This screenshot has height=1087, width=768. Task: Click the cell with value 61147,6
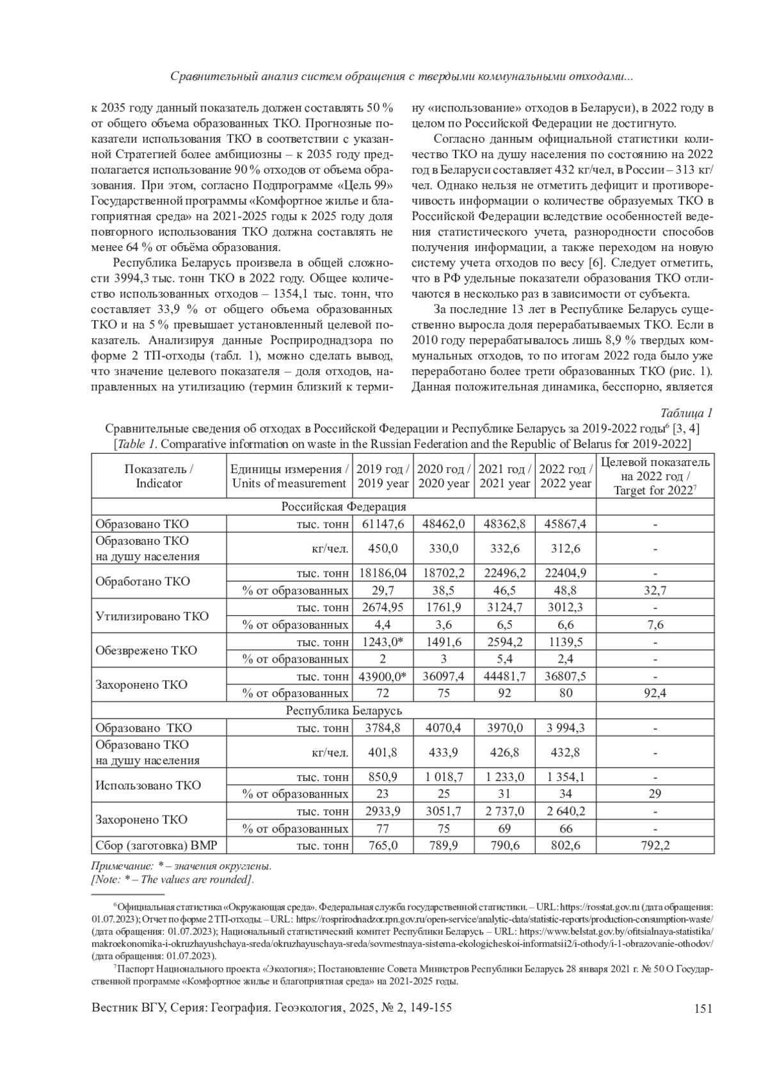383,524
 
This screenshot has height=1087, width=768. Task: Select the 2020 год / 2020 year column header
444,476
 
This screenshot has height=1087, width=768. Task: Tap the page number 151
703,1009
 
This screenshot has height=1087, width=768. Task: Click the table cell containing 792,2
655,846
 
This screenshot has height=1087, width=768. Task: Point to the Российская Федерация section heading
344,506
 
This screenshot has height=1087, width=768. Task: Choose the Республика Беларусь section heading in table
344,711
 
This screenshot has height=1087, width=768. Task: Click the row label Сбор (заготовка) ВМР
156,846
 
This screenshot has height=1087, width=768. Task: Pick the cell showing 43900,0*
383,676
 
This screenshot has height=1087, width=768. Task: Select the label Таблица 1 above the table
687,413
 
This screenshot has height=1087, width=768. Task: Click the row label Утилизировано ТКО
152,616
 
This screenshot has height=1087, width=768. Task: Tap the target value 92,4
655,693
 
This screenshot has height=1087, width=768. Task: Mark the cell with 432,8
566,752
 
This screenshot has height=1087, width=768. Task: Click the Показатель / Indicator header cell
159,476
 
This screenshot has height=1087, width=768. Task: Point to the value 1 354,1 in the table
566,777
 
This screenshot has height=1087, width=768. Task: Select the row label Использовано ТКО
148,785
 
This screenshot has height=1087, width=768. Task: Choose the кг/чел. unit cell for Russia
330,549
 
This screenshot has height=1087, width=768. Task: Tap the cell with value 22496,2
504,573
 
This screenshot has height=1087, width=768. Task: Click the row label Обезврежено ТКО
146,650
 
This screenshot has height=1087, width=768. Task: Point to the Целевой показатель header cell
655,476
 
